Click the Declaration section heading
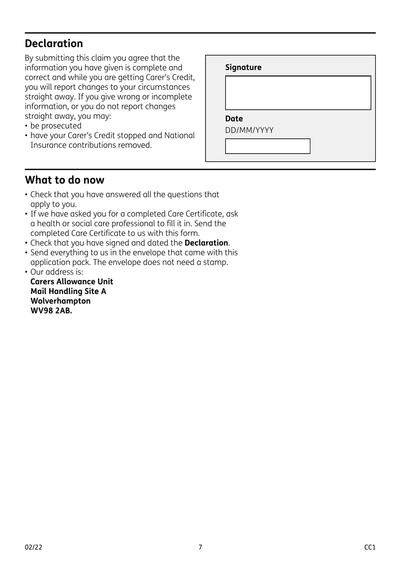pyautogui.click(x=54, y=43)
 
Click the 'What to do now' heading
pyautogui.click(x=64, y=180)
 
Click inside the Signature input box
pyautogui.click(x=298, y=93)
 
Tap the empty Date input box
pyautogui.click(x=267, y=146)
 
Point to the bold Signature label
pyautogui.click(x=243, y=67)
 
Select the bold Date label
pyautogui.click(x=234, y=119)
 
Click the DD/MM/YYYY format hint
pyautogui.click(x=249, y=130)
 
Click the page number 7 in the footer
pyautogui.click(x=200, y=547)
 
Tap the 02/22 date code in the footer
pyautogui.click(x=33, y=547)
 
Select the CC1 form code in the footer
pyautogui.click(x=369, y=547)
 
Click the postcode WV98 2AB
pyautogui.click(x=51, y=311)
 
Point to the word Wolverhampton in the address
pyautogui.click(x=60, y=301)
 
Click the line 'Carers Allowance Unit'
pyautogui.click(x=72, y=282)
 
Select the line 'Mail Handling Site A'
pyautogui.click(x=68, y=291)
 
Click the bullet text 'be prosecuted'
pyautogui.click(x=56, y=126)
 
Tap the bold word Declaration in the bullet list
pyautogui.click(x=206, y=243)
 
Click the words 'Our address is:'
pyautogui.click(x=57, y=272)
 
